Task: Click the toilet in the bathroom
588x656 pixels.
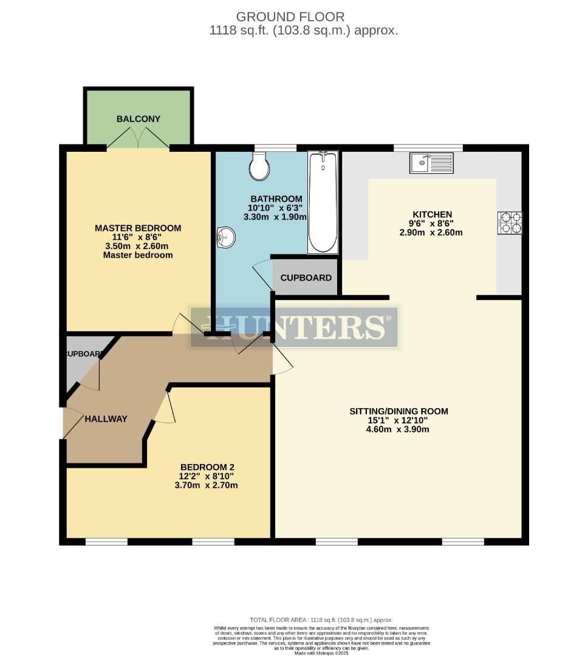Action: (x=259, y=166)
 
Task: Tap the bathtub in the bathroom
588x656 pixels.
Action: (x=323, y=202)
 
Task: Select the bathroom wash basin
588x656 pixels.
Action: (x=225, y=238)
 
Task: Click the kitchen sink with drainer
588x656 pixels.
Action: (x=431, y=163)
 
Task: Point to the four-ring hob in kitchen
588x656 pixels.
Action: (x=509, y=222)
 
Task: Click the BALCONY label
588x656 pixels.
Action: (x=138, y=119)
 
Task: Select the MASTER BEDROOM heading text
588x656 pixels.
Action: (x=138, y=228)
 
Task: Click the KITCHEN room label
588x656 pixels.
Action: (x=432, y=214)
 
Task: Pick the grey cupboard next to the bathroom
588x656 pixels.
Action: (x=306, y=278)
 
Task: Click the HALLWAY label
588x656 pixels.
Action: (x=106, y=419)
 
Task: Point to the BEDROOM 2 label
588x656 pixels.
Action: (x=207, y=466)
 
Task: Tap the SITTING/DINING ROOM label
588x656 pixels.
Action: (x=398, y=411)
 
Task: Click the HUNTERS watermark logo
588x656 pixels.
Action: (x=294, y=327)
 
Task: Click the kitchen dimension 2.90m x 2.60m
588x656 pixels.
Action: (x=431, y=232)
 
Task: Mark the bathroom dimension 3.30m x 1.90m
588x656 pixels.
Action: (x=275, y=216)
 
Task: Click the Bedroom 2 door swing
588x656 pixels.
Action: (x=165, y=408)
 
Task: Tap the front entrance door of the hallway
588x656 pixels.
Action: (x=72, y=422)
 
